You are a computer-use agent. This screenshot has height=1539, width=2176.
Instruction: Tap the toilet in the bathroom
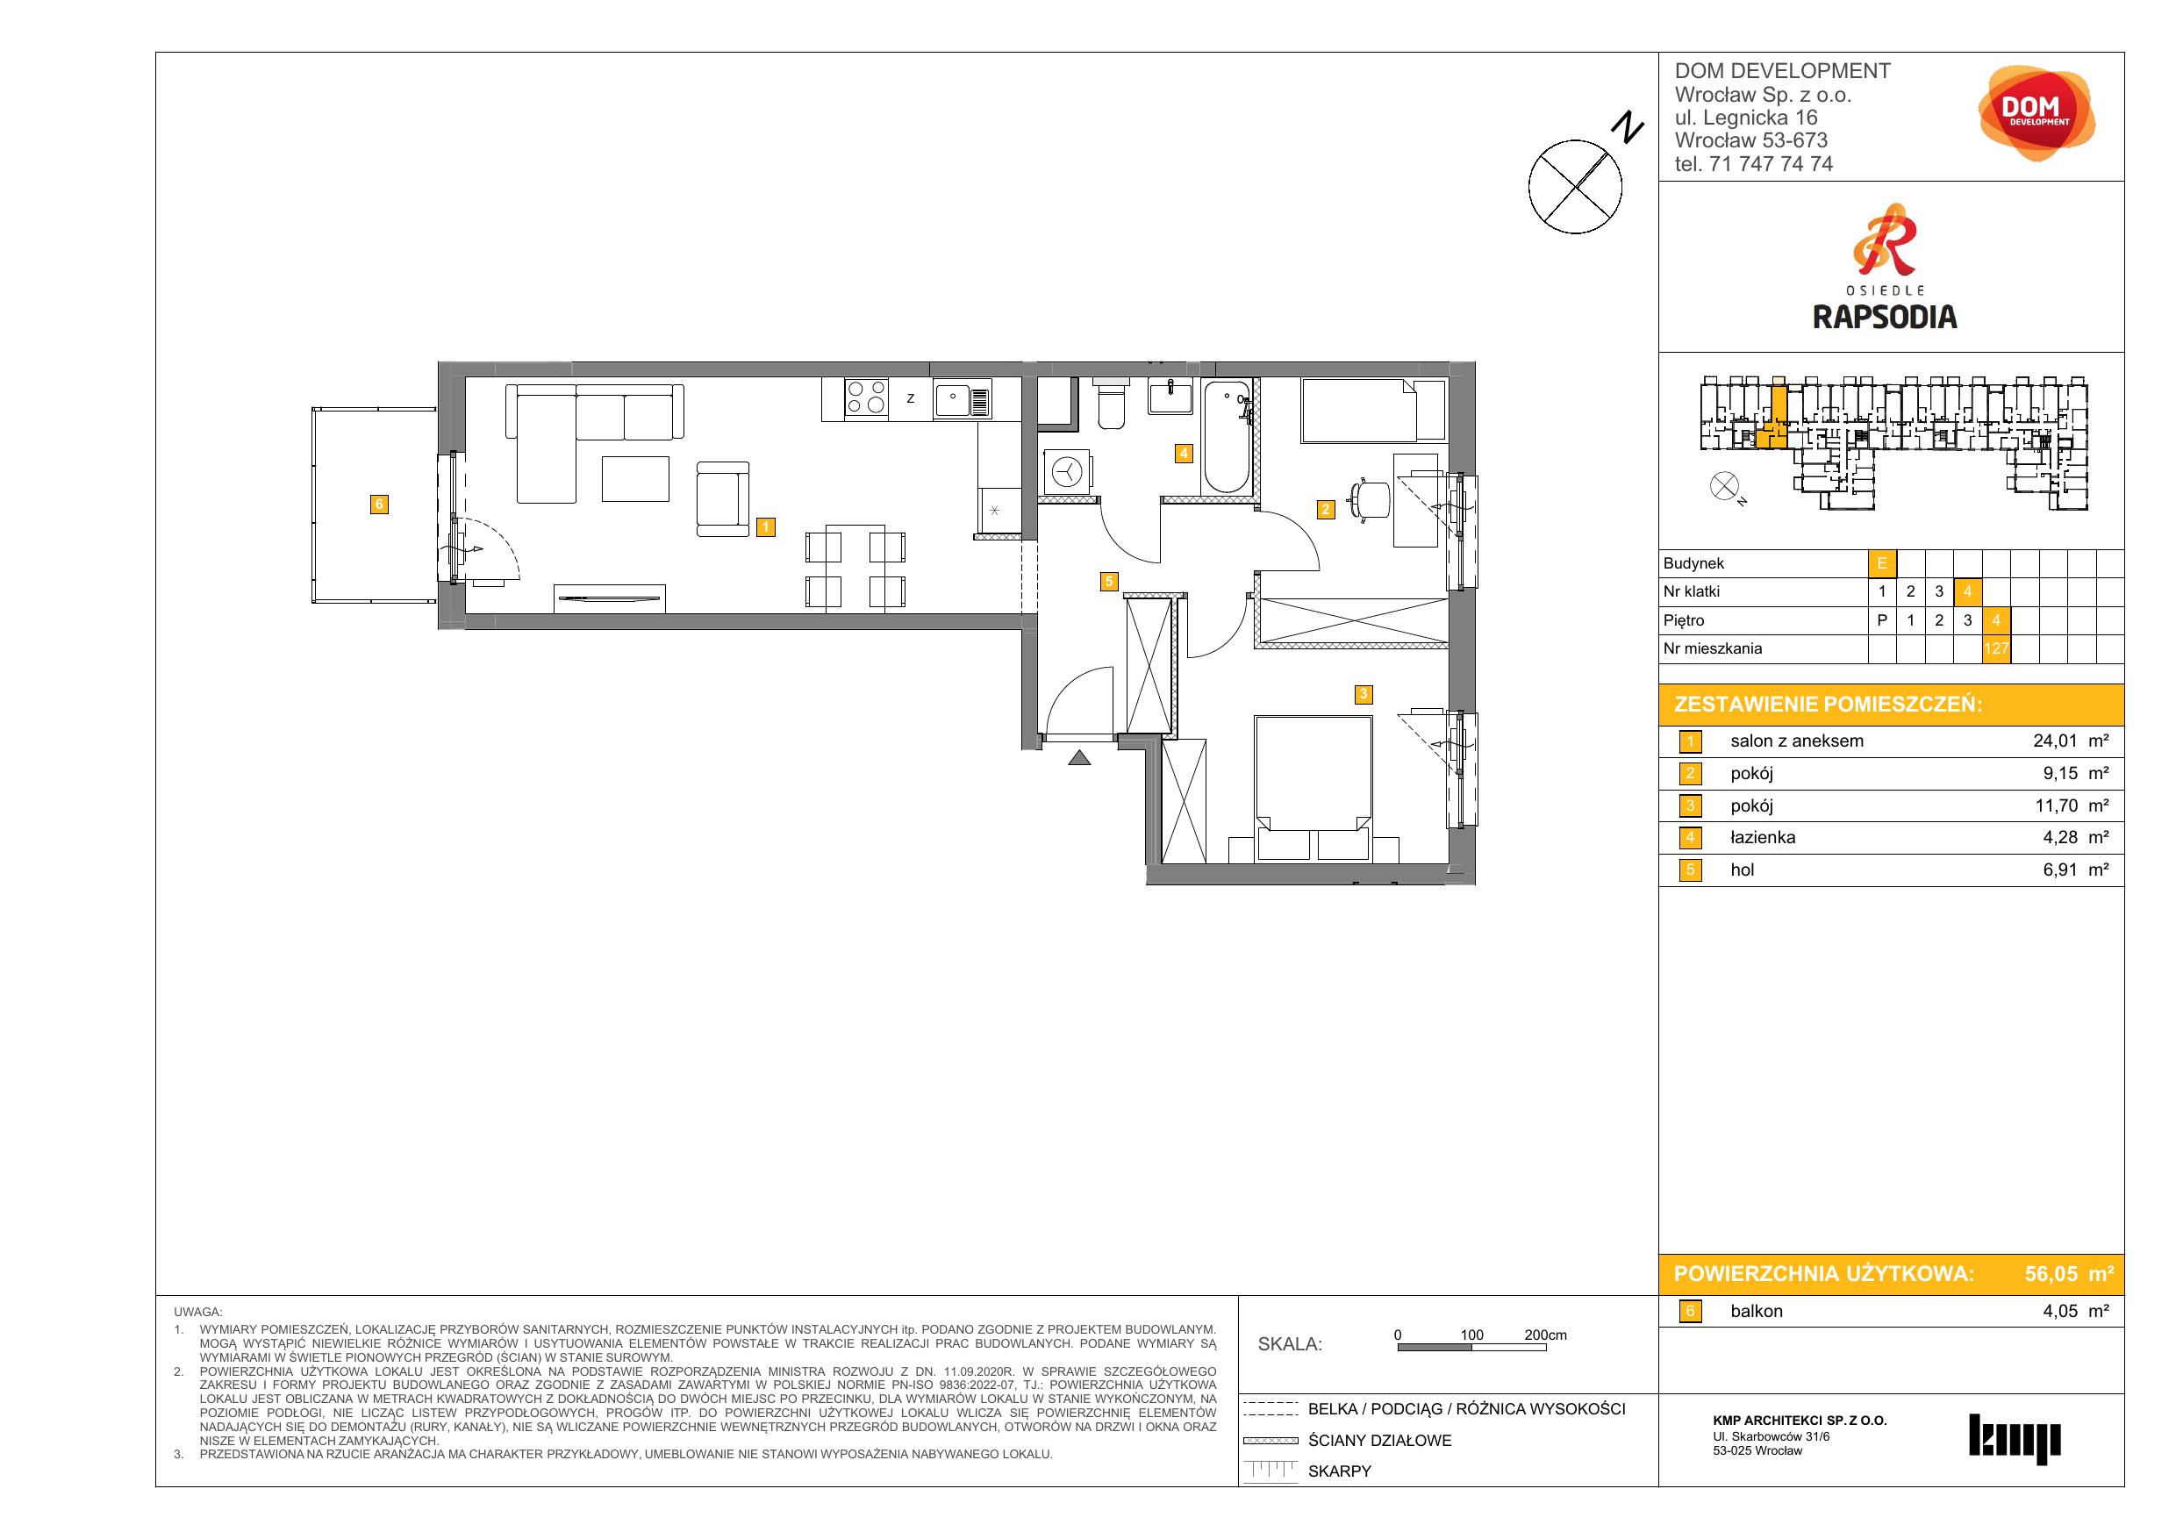[x=1112, y=404]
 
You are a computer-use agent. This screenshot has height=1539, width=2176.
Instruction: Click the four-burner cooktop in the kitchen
[x=866, y=398]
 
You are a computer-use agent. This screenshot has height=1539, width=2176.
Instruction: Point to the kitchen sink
[x=962, y=399]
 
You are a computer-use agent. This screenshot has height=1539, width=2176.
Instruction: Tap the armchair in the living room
[x=723, y=498]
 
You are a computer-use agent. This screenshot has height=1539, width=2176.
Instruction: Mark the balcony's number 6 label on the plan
[x=379, y=505]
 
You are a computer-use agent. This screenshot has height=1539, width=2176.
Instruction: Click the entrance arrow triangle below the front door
[x=1078, y=757]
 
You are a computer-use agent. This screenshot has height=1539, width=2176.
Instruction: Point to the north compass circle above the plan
[x=1575, y=187]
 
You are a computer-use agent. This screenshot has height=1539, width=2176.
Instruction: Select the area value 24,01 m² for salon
[x=2071, y=741]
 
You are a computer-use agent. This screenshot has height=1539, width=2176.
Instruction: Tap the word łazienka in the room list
[x=1763, y=838]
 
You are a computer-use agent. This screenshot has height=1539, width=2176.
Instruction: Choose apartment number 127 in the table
[x=1996, y=649]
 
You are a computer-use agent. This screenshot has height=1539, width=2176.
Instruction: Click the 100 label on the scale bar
[x=1471, y=1335]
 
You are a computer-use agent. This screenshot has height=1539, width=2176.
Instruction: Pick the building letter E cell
[x=1882, y=563]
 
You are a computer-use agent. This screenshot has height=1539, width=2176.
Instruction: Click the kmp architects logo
[x=2015, y=1439]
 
